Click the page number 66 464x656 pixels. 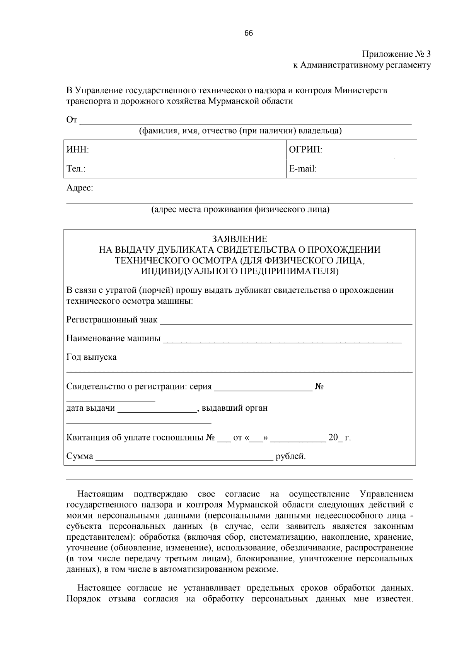click(x=248, y=33)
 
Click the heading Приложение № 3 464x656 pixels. click(x=396, y=54)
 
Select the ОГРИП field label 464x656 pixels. click(x=305, y=150)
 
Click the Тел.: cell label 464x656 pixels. click(x=76, y=169)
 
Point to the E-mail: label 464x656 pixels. click(x=303, y=169)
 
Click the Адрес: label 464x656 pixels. click(x=80, y=188)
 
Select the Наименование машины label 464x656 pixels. click(x=113, y=339)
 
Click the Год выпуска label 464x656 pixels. click(x=91, y=357)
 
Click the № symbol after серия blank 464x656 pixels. click(x=319, y=386)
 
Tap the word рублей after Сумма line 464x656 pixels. click(x=290, y=457)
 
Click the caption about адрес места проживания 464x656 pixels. click(x=240, y=210)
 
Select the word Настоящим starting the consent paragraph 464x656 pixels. click(x=100, y=494)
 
